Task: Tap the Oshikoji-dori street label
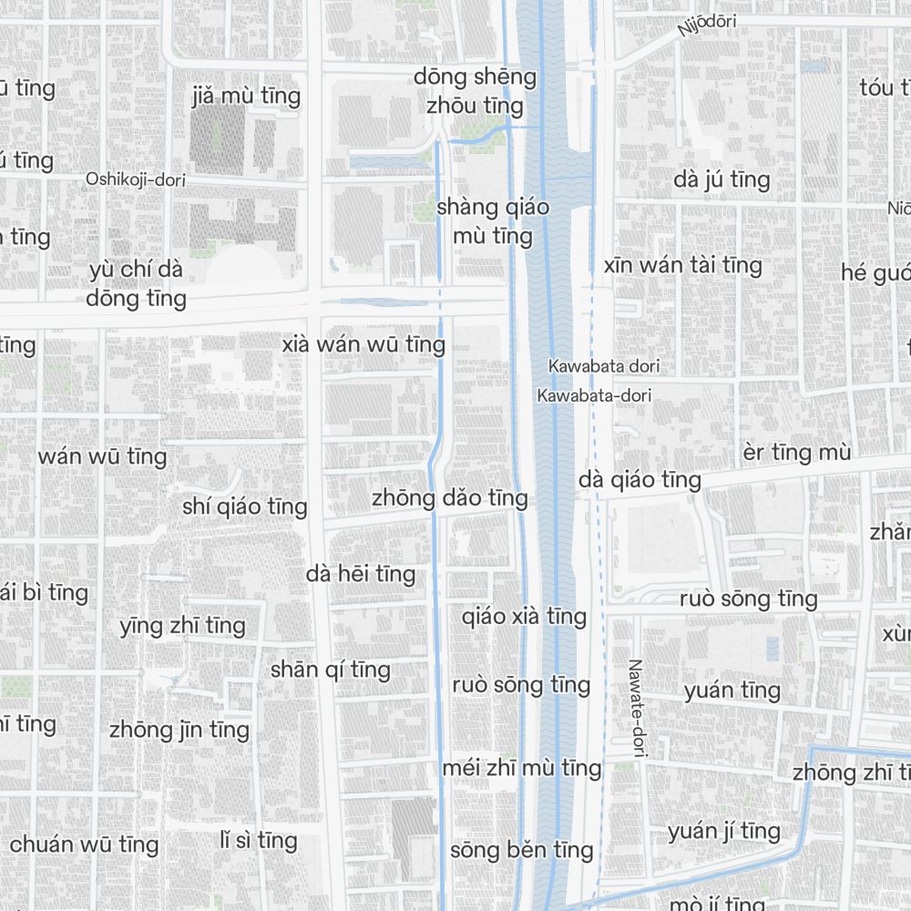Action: click(x=136, y=179)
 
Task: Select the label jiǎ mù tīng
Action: click(x=246, y=96)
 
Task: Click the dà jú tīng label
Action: click(x=722, y=180)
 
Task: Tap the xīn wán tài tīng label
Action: click(x=682, y=266)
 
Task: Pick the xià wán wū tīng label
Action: click(x=363, y=345)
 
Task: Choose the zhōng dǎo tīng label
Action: click(x=449, y=498)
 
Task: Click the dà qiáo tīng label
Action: click(x=640, y=480)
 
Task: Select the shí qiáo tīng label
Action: click(x=244, y=507)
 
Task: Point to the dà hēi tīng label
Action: click(x=361, y=574)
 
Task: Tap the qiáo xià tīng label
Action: click(x=524, y=617)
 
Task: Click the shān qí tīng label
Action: click(x=330, y=670)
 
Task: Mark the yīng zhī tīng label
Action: click(x=182, y=626)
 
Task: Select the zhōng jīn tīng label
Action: click(x=179, y=730)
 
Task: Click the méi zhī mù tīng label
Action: click(x=521, y=768)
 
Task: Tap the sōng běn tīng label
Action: click(x=521, y=851)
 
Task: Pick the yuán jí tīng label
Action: click(x=723, y=832)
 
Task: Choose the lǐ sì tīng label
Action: click(x=259, y=840)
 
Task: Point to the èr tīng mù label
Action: click(x=796, y=453)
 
